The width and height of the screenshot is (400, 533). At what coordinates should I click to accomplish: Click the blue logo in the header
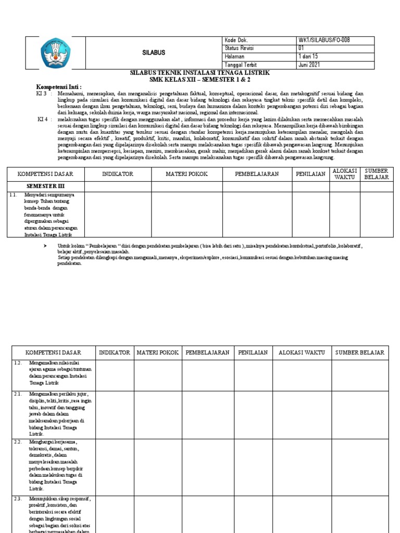point(54,53)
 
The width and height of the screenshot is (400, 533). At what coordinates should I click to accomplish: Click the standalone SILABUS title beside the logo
point(154,53)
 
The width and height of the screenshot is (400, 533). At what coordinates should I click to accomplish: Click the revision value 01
point(301,48)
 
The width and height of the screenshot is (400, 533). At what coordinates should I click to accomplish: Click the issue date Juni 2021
point(309,65)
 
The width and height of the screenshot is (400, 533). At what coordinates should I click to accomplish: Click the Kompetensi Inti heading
point(59,86)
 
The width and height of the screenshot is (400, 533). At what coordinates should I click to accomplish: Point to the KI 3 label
point(42,93)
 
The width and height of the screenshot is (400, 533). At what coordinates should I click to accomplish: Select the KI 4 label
point(43,119)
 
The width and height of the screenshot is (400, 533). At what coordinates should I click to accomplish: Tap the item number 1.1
point(14,195)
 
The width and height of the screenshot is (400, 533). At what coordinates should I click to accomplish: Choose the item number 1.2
point(18,362)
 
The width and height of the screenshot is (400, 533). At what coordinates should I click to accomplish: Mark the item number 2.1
point(18,395)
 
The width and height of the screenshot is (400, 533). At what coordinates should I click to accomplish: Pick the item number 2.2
point(18,442)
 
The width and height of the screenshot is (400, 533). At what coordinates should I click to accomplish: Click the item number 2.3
point(18,498)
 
